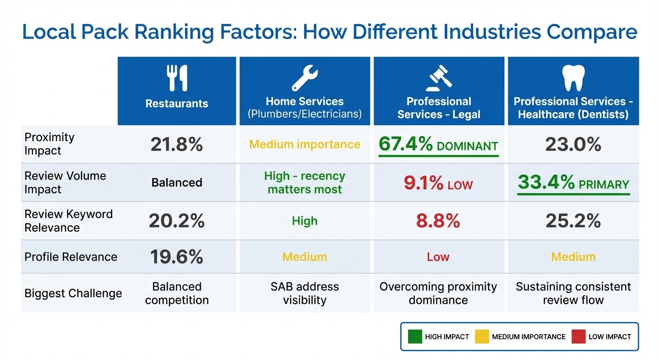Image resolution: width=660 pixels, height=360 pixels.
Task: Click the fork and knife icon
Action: click(x=177, y=78)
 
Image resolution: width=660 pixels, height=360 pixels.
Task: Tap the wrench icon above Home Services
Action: click(x=305, y=78)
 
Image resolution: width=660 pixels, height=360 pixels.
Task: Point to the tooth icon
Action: click(x=573, y=78)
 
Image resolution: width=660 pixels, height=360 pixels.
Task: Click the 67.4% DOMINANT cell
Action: click(x=438, y=145)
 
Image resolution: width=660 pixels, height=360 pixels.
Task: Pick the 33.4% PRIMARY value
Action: click(x=573, y=183)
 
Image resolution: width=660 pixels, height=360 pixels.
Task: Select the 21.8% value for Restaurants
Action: click(x=177, y=145)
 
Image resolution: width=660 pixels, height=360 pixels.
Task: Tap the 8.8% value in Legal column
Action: click(x=438, y=221)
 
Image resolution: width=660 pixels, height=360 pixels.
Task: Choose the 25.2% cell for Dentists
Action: click(x=573, y=221)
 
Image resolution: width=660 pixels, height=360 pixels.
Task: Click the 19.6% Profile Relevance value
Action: click(x=177, y=257)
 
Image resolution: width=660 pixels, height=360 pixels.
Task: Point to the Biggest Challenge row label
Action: click(x=73, y=293)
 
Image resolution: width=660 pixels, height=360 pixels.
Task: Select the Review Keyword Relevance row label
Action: click(x=68, y=221)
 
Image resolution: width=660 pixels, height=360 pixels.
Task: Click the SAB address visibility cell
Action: click(x=305, y=293)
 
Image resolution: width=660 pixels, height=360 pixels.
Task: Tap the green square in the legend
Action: click(x=415, y=337)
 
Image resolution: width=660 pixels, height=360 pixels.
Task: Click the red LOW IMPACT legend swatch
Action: click(x=578, y=337)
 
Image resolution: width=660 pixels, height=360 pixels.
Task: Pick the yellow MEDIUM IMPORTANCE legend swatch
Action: click(x=482, y=337)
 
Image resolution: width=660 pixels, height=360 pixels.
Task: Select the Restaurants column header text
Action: click(x=177, y=104)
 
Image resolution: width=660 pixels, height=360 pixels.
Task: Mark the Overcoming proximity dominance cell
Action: click(x=438, y=293)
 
